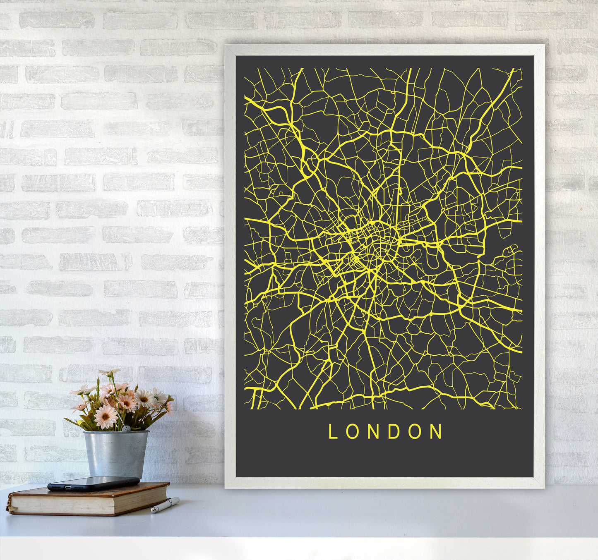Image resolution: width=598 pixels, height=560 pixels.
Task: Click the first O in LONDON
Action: click(351, 431)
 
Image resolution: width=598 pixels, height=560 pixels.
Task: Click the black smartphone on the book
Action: click(93, 483)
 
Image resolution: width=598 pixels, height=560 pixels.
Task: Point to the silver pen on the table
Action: click(165, 505)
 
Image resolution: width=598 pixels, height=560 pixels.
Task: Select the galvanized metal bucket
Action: click(115, 453)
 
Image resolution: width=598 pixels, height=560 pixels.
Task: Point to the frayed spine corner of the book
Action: click(9, 507)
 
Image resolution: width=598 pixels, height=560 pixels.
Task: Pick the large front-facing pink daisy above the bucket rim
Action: click(106, 416)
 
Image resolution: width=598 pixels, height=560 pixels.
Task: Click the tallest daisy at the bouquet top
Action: click(108, 373)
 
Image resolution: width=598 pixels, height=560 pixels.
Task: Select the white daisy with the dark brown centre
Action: click(144, 398)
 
